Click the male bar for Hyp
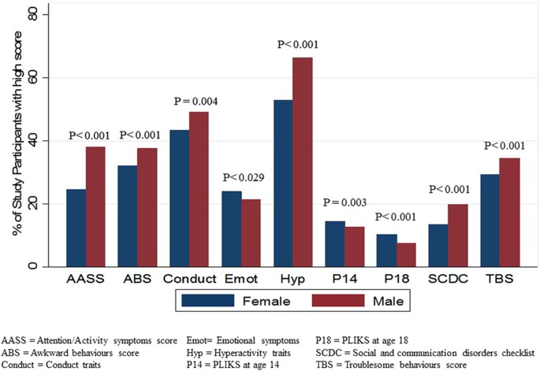(303, 162)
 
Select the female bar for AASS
(76, 228)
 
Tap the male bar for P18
(406, 255)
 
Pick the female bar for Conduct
(180, 198)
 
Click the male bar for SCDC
(458, 236)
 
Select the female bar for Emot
(232, 229)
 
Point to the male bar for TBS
(510, 213)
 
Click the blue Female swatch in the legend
(207, 300)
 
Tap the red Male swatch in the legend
(338, 300)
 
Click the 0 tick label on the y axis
(33, 266)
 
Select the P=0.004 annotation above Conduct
(196, 101)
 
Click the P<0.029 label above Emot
(244, 177)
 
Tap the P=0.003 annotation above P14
(344, 202)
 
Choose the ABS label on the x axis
(137, 278)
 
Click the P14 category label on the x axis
(344, 278)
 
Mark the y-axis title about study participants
(17, 134)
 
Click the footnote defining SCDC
(425, 353)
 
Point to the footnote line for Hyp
(239, 353)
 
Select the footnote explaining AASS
(89, 341)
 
